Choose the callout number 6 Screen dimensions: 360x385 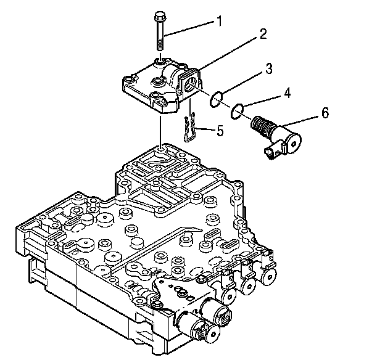click(x=325, y=112)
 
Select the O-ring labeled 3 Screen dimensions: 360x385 click(x=215, y=98)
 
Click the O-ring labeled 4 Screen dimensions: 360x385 click(x=236, y=111)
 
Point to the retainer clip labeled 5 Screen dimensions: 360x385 click(x=192, y=128)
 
